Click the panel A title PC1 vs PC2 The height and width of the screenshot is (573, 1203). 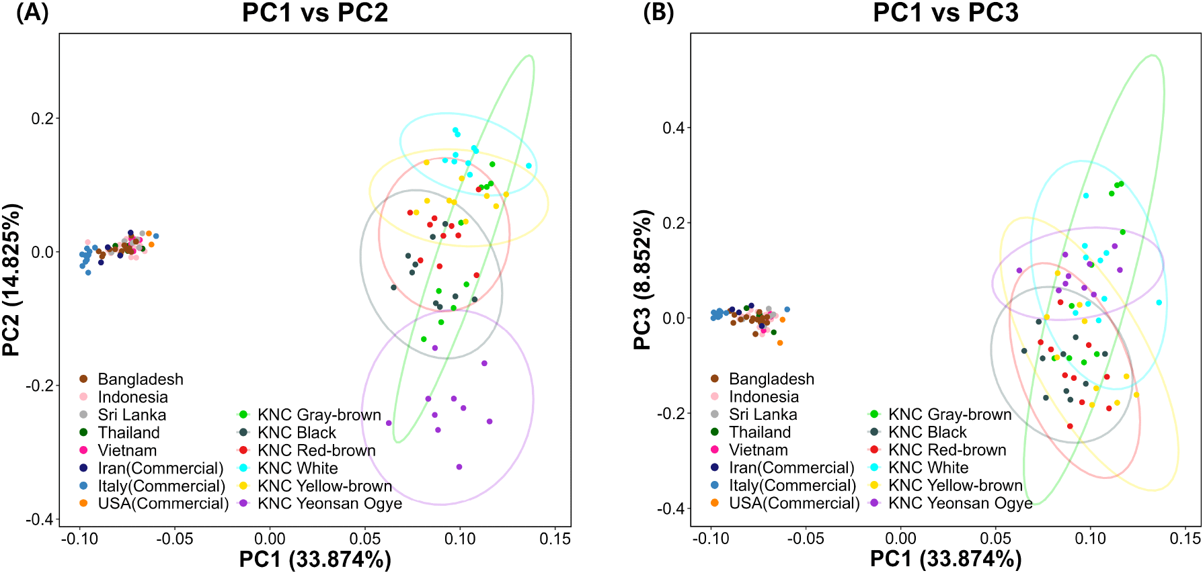(315, 13)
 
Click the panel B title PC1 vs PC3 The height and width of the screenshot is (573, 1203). (945, 13)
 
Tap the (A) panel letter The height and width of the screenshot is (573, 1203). (32, 13)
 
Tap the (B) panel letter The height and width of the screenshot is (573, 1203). (658, 13)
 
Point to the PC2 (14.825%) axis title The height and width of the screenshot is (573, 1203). (12, 279)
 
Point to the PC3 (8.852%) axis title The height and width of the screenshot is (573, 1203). (643, 279)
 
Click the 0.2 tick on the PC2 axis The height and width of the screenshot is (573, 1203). (42, 118)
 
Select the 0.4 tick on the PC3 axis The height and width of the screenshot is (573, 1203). (674, 128)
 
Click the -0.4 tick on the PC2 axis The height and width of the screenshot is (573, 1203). (40, 519)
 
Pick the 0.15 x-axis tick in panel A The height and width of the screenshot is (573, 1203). (555, 539)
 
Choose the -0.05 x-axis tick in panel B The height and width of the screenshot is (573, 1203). (805, 539)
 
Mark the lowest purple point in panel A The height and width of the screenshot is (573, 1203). (459, 467)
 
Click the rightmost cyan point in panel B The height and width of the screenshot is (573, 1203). (1159, 303)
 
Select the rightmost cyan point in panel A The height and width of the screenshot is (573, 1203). (529, 166)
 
